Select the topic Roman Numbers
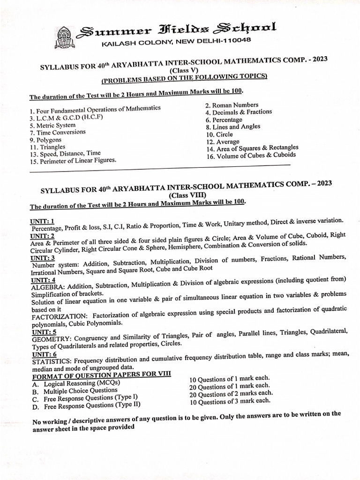(232, 105)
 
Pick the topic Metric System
(52, 126)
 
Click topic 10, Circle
(219, 135)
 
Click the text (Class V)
(184, 70)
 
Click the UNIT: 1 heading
(42, 221)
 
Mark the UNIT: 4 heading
(43, 280)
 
